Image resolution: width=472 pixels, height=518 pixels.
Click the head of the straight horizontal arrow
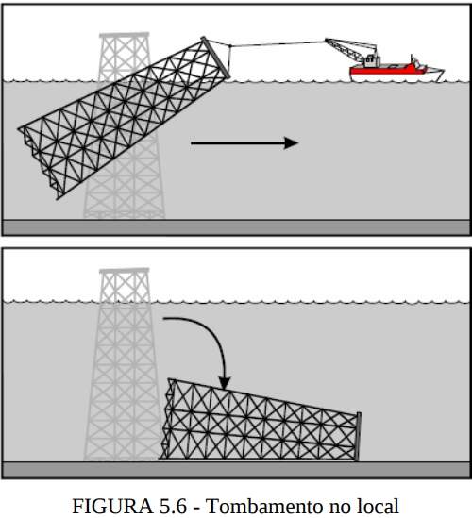tap(291, 143)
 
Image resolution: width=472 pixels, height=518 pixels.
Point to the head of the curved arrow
tap(225, 383)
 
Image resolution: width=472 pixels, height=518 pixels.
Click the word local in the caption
tap(379, 506)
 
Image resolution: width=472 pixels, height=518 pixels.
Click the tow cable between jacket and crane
tap(277, 43)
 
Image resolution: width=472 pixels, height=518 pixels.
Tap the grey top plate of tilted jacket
tap(216, 58)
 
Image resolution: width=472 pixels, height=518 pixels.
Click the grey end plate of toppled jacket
tap(358, 437)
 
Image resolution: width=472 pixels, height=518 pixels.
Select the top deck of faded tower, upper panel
tap(125, 35)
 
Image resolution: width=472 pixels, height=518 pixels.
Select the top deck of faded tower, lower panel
tap(125, 271)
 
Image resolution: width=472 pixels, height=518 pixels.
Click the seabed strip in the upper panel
tap(236, 227)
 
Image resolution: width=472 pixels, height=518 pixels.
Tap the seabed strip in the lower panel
tap(236, 470)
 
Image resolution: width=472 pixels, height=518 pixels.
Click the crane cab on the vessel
tap(371, 60)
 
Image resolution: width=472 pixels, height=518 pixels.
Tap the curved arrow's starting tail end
tap(164, 319)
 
